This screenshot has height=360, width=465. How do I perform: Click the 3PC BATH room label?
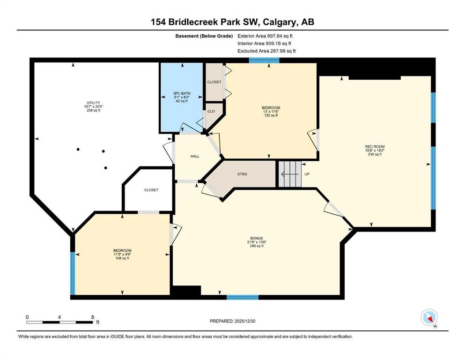point(182,93)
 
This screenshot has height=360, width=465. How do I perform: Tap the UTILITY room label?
point(93,103)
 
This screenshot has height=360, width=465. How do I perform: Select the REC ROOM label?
point(375,147)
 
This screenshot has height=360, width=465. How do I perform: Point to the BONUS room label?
point(257,238)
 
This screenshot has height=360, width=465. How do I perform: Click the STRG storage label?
point(242,174)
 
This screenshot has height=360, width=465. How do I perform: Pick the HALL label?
point(195,156)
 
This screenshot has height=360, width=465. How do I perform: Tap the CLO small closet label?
point(211,111)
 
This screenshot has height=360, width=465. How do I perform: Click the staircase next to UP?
point(290,173)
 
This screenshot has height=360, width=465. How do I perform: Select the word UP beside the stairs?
point(307,174)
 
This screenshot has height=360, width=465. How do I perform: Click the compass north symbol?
point(429,317)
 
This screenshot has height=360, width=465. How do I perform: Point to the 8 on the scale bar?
point(93,317)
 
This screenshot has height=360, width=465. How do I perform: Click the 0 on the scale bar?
point(27,317)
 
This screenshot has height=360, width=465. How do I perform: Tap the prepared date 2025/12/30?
point(244,321)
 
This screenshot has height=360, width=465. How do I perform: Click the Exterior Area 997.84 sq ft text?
point(265,36)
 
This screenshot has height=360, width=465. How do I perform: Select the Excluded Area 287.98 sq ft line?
point(266,51)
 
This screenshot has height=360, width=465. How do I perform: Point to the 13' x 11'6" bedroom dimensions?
point(271,112)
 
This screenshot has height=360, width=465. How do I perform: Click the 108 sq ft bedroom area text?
point(122,258)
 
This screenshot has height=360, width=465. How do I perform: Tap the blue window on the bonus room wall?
point(243,297)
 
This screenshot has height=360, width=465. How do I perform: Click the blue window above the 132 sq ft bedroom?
point(264,60)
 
